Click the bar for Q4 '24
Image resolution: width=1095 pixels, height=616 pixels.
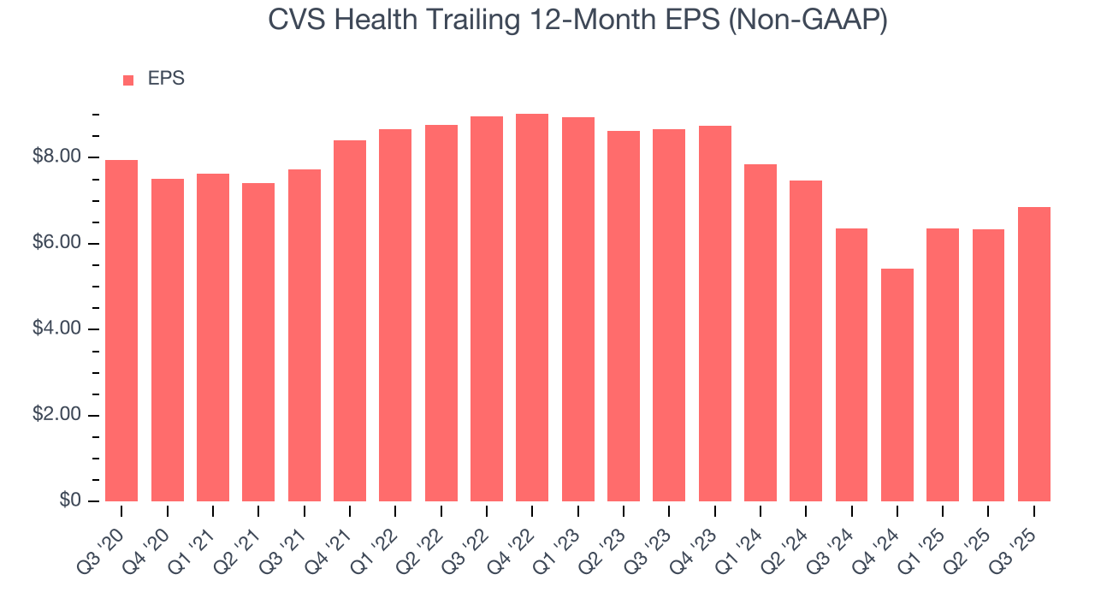897,385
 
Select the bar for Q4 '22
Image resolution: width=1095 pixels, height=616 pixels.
532,308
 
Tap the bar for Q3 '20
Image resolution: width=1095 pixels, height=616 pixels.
121,330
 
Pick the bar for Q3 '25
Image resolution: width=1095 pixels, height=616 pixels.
1033,354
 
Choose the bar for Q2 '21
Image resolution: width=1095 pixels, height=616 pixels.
258,342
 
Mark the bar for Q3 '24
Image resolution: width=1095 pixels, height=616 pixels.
851,364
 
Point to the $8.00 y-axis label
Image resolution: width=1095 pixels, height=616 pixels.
56,157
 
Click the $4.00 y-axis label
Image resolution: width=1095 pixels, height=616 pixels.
56,329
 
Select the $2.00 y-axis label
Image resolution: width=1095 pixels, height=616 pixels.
56,415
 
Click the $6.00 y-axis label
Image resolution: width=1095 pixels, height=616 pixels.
56,244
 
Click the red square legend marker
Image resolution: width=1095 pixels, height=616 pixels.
128,80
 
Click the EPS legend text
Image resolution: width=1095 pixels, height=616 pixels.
166,79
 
